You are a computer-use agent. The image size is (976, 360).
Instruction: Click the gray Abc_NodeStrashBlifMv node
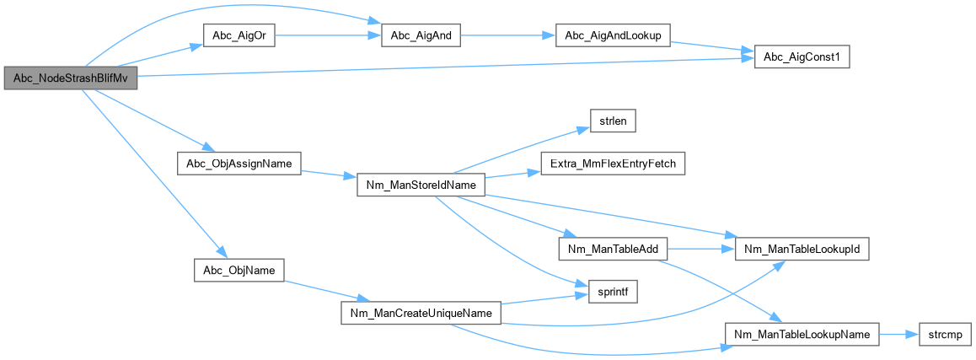[70, 78]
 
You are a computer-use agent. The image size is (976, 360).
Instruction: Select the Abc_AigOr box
[239, 35]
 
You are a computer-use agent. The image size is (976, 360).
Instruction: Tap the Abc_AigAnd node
[421, 35]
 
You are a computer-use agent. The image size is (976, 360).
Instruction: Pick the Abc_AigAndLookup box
[613, 35]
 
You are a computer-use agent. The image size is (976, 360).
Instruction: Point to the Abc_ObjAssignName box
[239, 164]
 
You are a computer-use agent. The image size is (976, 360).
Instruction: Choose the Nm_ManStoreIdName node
[421, 185]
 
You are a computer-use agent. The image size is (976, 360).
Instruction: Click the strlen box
[613, 121]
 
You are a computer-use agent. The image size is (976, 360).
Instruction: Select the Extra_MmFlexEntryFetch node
[613, 164]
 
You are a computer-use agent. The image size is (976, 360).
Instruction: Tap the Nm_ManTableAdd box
[613, 250]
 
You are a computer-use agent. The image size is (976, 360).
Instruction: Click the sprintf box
[613, 291]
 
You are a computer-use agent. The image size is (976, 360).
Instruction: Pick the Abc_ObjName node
[239, 270]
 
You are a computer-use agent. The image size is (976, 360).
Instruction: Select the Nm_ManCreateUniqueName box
[421, 312]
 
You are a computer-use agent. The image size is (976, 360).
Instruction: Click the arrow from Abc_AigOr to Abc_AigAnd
[327, 35]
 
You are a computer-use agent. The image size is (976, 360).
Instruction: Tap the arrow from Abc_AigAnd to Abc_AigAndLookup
[507, 35]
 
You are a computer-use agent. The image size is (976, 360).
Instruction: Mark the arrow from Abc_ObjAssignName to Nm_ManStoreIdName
[329, 174]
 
